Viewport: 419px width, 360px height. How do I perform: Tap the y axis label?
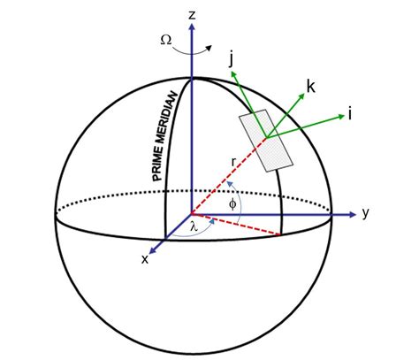(364, 213)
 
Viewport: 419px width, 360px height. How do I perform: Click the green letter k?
(310, 86)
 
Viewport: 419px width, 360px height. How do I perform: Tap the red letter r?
(232, 162)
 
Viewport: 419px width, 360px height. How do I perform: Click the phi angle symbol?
(232, 203)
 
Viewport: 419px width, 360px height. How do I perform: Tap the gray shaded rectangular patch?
(266, 139)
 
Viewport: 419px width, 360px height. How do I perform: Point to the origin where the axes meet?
(192, 213)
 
